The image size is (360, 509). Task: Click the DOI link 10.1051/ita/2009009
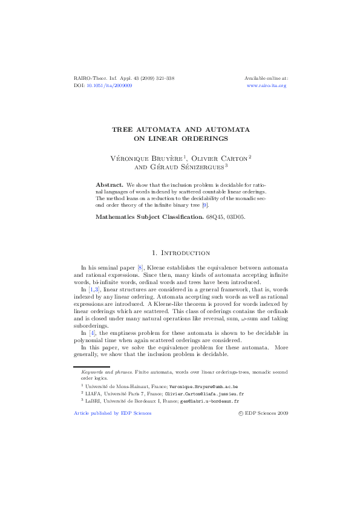(x=111, y=86)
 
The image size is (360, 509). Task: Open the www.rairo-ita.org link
(x=267, y=86)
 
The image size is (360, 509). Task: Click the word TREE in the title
(x=125, y=130)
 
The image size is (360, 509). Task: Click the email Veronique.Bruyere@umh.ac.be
(x=204, y=385)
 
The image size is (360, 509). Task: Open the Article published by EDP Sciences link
(x=112, y=413)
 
